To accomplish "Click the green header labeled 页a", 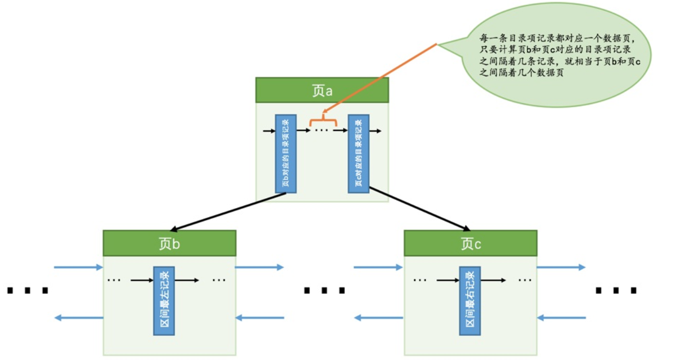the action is click(322, 90).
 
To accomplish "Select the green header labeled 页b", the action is click(169, 243).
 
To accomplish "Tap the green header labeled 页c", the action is click(470, 243).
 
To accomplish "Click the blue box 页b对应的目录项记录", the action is click(286, 154).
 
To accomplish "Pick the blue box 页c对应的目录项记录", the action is click(359, 154).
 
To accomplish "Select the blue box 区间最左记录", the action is click(164, 301).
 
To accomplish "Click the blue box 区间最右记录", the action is click(470, 301).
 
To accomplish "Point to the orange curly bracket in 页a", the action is click(323, 120).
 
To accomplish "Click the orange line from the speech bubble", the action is click(380, 78).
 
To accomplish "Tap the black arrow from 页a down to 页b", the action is click(228, 212).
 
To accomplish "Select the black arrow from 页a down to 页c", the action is click(420, 209).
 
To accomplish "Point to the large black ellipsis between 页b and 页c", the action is click(324, 290).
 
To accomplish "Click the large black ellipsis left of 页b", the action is click(27, 290).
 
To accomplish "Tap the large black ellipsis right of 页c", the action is click(616, 290).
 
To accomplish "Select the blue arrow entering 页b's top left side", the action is click(78, 268).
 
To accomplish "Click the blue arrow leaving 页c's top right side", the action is click(561, 268).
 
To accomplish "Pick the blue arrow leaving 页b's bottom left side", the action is click(79, 318).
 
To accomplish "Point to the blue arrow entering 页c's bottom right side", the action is click(561, 318).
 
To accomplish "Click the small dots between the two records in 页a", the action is click(322, 130).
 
